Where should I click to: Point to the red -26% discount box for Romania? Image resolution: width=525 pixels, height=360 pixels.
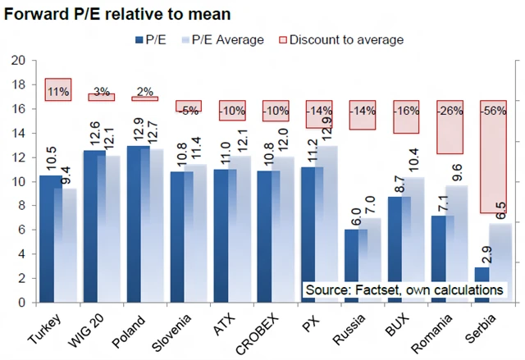pyautogui.click(x=450, y=127)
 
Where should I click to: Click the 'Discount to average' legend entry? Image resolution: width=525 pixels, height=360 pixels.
pyautogui.click(x=341, y=39)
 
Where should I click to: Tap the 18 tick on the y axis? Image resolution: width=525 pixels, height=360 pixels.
pyautogui.click(x=19, y=84)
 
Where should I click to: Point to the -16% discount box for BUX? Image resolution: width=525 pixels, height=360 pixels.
pyautogui.click(x=406, y=116)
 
